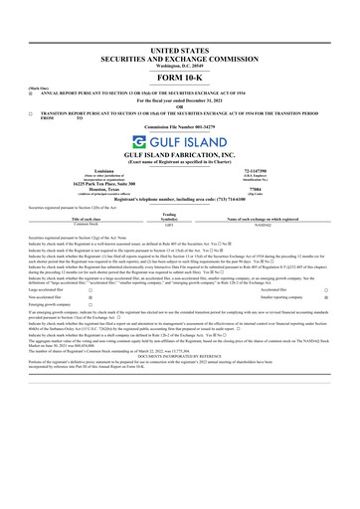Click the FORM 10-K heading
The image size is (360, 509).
pos(180,53)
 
